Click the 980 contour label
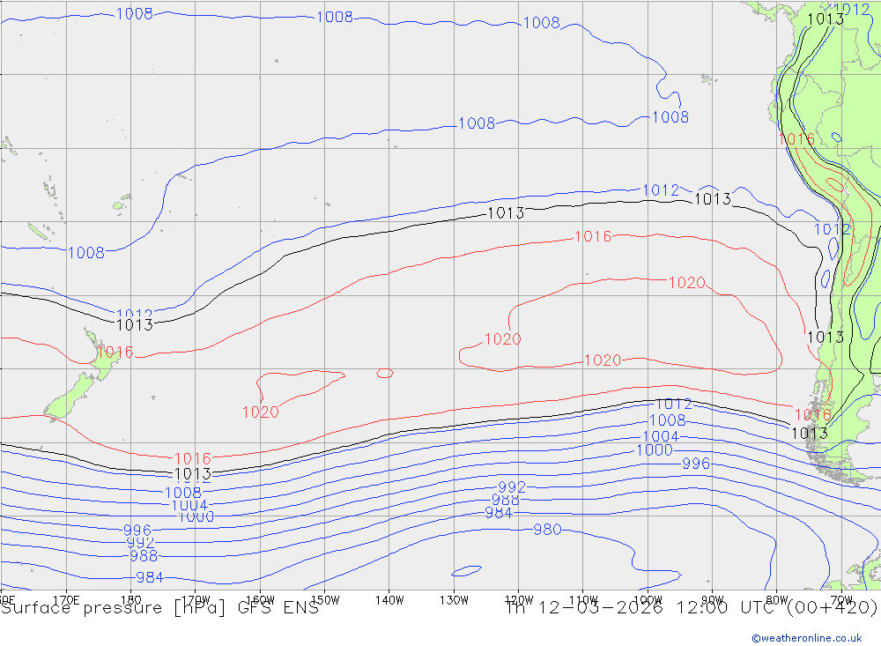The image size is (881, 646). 546,530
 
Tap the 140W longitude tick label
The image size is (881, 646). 389,600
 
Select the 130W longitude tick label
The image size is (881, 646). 454,600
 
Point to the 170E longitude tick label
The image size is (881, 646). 67,600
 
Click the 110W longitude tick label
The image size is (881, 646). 583,600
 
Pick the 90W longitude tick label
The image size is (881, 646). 712,600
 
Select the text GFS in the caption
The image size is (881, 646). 241,608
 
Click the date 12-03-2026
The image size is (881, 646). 607,608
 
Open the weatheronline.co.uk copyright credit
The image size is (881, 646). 806,637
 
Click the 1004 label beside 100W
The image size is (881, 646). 660,436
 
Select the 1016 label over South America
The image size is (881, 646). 796,139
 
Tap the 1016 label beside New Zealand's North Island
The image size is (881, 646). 115,353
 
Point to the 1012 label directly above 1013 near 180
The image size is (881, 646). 134,314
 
